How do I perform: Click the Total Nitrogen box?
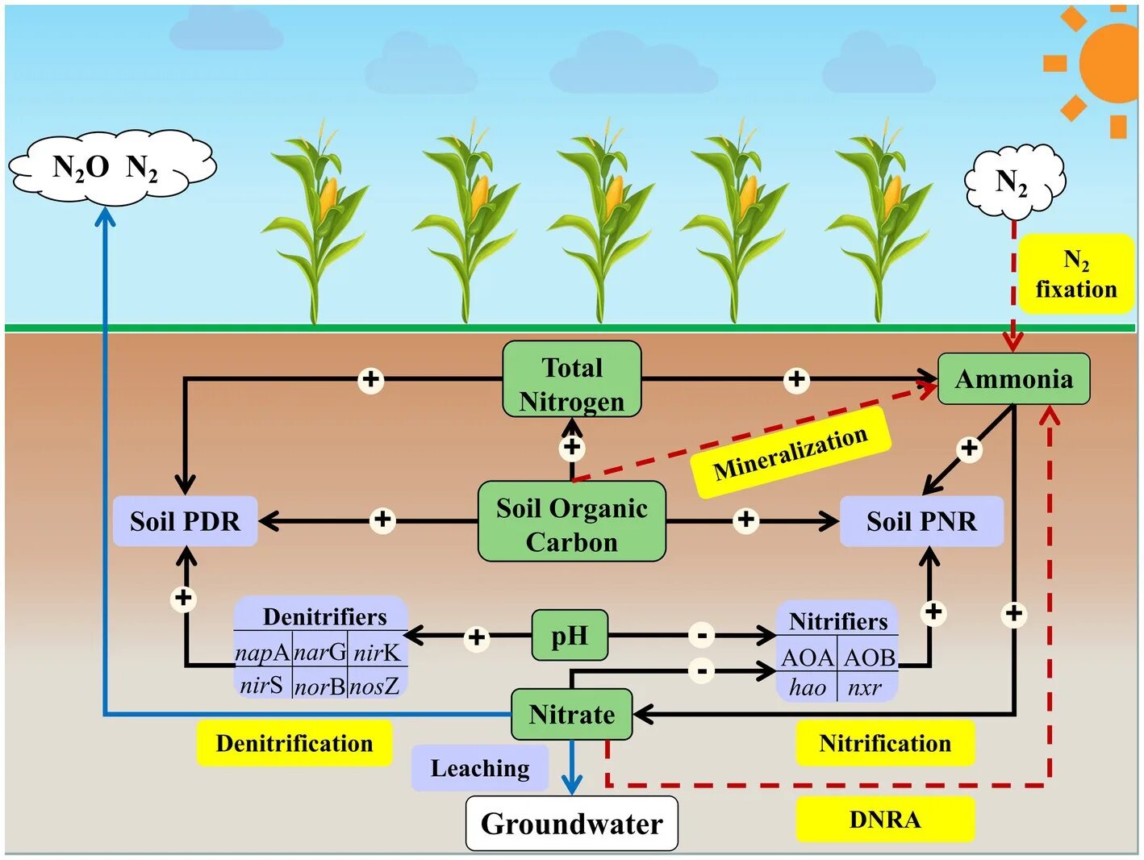point(572,379)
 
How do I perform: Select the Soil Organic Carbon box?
point(572,521)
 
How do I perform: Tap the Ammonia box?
point(1013,379)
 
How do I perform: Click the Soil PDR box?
point(185,521)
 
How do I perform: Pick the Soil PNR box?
point(921,521)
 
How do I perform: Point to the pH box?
point(570,636)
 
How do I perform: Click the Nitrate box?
point(572,715)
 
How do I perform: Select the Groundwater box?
point(572,824)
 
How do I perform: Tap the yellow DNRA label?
point(885,820)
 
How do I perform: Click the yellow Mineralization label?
point(791,453)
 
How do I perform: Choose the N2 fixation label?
point(1076,274)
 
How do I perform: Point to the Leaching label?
point(480,768)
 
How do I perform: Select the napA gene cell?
point(262,653)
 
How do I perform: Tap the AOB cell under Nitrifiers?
point(868,658)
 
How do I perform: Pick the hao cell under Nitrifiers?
point(807,687)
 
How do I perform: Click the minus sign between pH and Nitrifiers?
point(702,636)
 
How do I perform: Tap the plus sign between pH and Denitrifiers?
point(476,637)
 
